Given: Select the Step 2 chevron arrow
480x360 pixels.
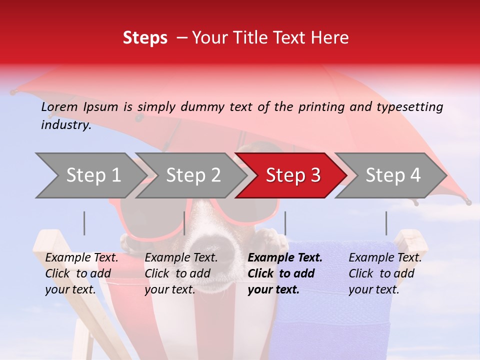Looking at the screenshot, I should [193, 175].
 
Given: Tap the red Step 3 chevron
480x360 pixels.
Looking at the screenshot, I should [293, 175].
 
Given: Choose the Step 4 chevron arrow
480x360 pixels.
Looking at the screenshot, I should [393, 175].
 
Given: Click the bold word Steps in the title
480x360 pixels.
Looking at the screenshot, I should [145, 37].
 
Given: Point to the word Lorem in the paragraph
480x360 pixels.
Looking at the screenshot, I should [59, 106].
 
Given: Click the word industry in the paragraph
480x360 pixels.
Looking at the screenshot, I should [65, 125].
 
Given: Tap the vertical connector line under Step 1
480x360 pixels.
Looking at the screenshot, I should [84, 223].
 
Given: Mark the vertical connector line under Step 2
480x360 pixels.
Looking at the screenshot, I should [184, 223].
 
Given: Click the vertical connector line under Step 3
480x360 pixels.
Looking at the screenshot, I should [285, 223].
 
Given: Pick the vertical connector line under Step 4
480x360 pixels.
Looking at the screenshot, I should [386, 223].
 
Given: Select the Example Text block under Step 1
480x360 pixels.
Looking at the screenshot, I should [81, 273].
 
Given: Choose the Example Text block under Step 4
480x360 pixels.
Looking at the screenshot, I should [385, 273].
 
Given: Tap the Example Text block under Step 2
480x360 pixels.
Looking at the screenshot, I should [181, 273].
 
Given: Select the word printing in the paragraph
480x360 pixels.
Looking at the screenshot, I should [321, 106].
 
